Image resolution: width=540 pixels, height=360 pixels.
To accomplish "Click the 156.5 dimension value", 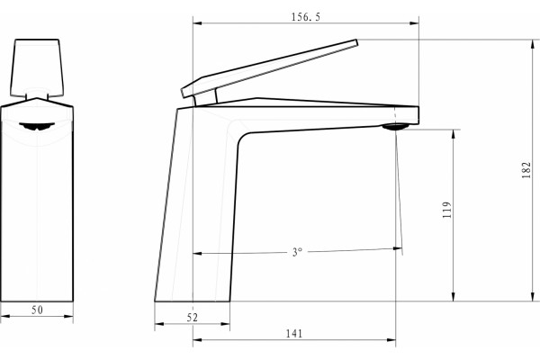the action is tap(306, 17).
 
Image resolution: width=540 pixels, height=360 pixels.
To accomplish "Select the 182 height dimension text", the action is tap(526, 170).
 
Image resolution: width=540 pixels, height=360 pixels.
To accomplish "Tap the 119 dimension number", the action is tap(446, 210).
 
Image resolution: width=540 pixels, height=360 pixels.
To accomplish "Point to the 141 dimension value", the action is tap(294, 334).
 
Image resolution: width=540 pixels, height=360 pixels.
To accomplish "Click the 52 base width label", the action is tap(193, 318).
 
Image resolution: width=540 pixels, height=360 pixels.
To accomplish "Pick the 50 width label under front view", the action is tap(37, 310).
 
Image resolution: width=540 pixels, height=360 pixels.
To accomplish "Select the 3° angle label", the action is tap(297, 252).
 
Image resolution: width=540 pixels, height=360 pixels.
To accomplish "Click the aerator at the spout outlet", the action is tap(395, 127).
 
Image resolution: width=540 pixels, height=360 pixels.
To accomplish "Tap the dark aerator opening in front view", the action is tap(37, 126).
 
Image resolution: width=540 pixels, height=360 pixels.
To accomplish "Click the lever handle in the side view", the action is tap(269, 68).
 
